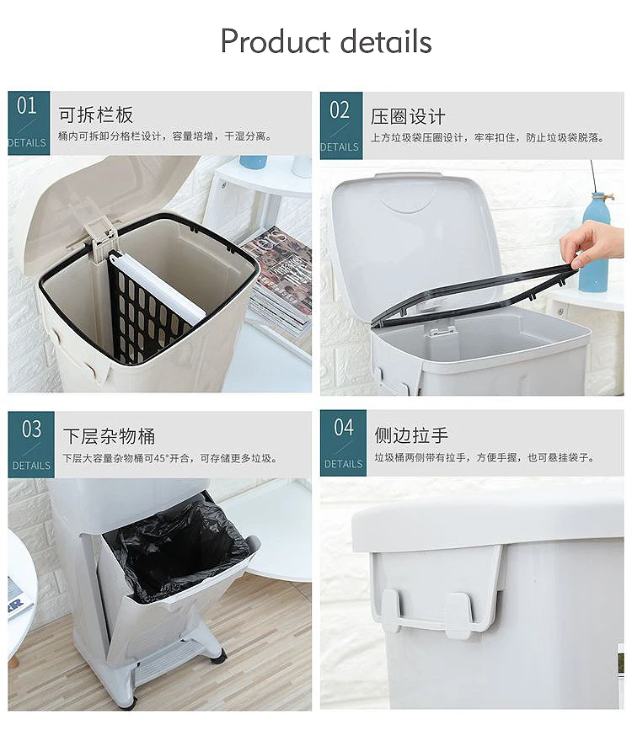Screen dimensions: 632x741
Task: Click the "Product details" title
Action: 326,41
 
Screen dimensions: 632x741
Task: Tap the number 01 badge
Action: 29,123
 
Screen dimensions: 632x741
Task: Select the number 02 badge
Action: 341,125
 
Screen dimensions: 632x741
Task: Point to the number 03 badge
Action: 31,445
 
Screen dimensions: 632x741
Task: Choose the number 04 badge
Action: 343,443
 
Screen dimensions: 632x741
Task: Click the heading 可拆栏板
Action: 96,115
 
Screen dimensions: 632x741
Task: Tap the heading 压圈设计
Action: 408,117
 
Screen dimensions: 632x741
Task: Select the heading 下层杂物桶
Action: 109,436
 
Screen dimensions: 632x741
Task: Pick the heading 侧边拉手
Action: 411,434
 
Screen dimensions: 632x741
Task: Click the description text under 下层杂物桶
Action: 170,458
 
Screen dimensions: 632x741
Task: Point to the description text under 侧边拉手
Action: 485,457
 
